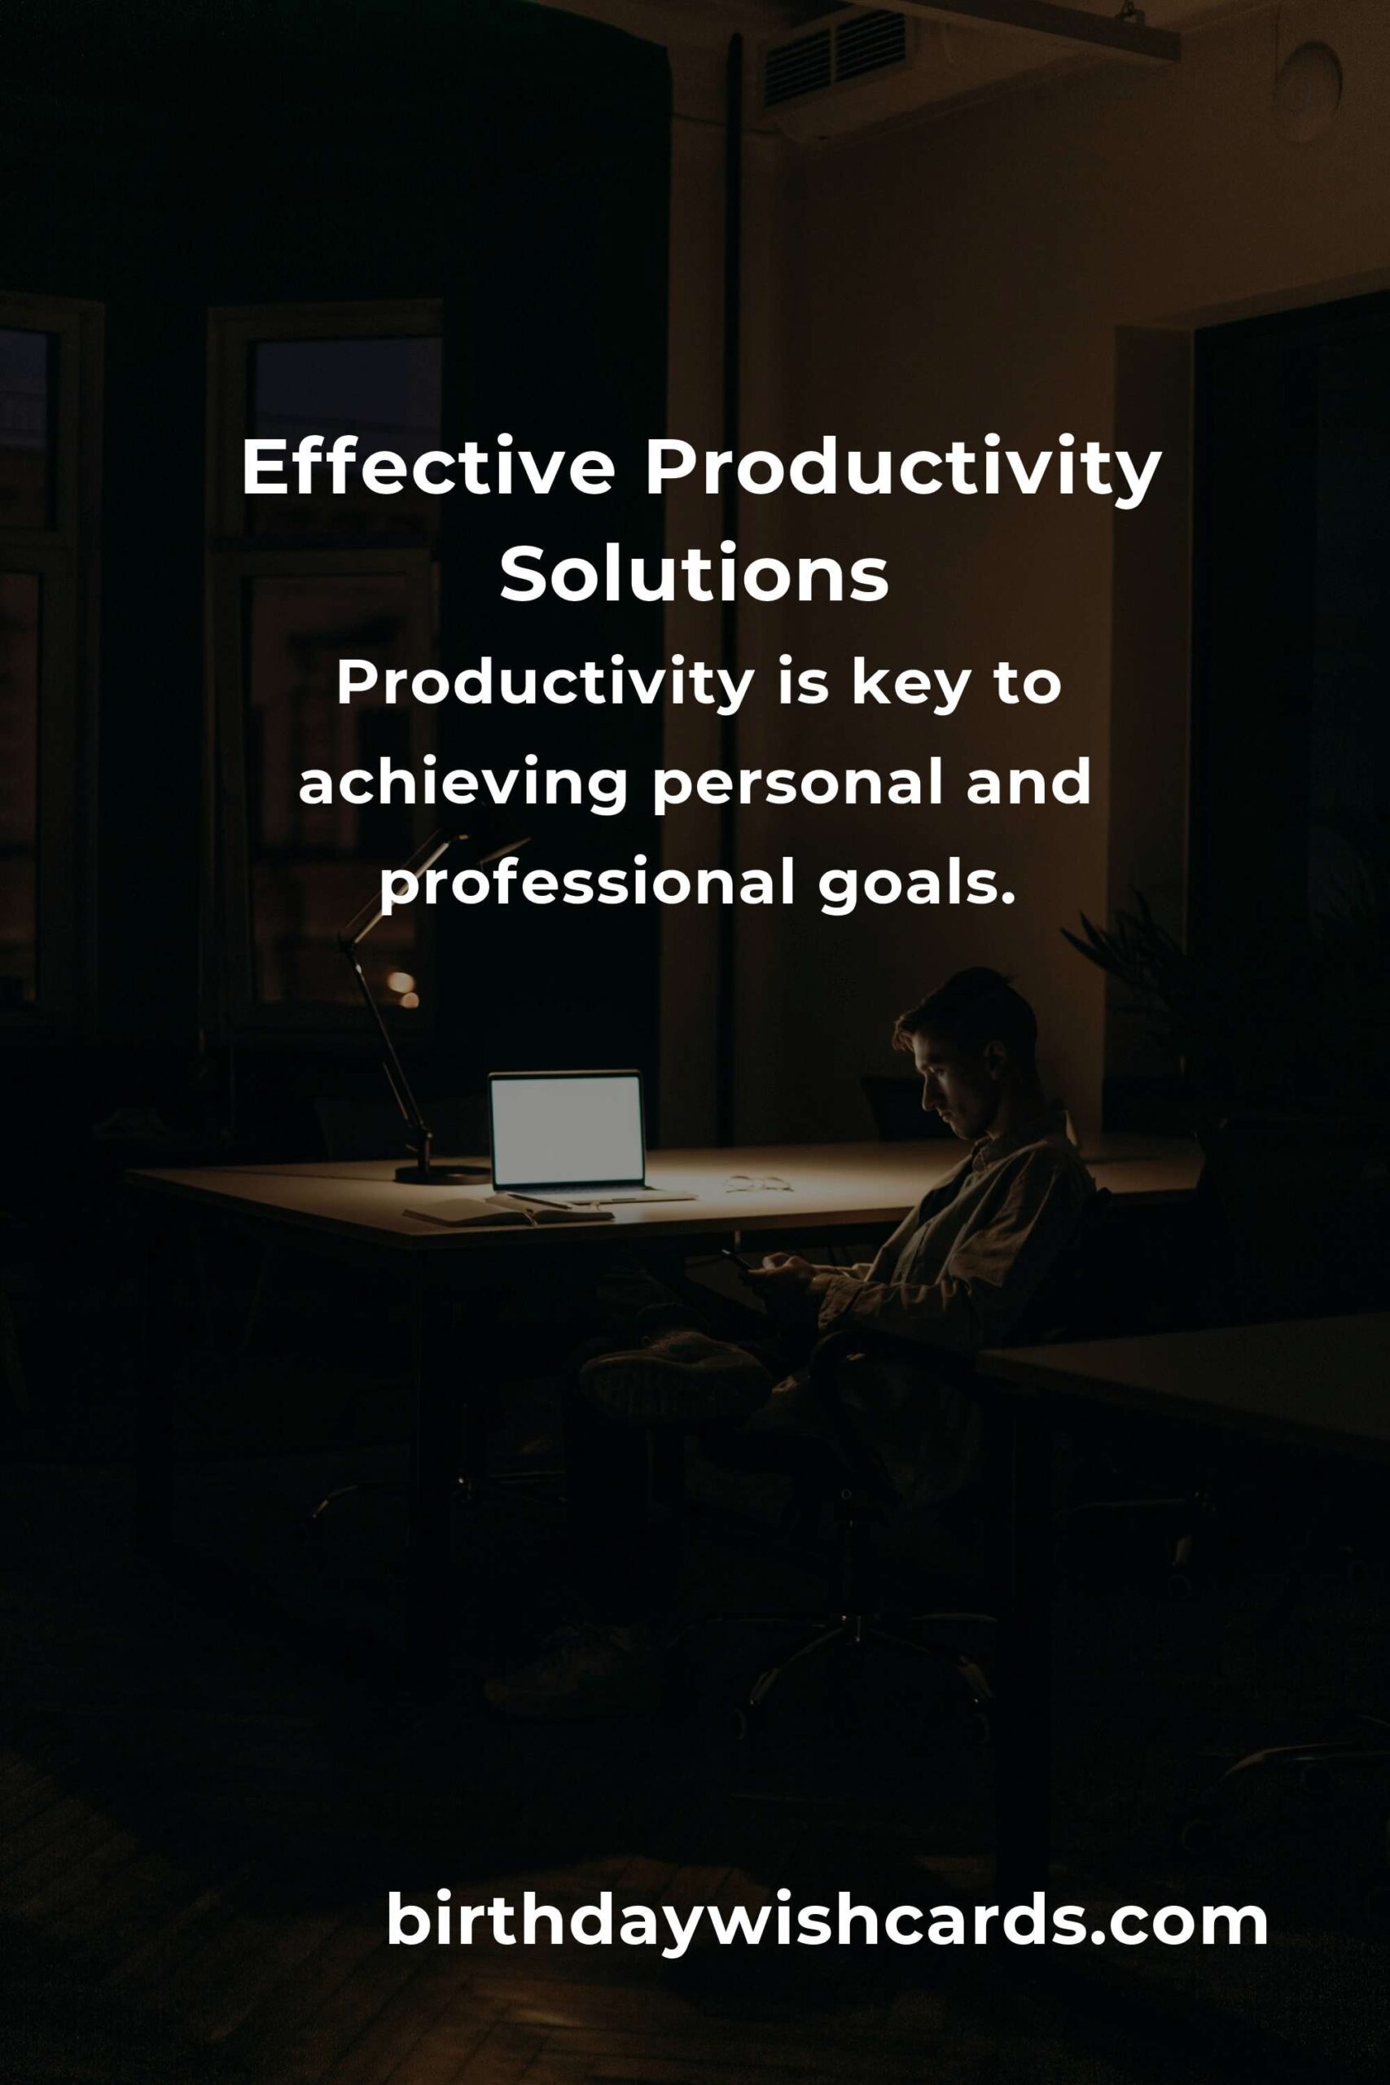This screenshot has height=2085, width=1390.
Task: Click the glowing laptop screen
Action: tap(567, 1131)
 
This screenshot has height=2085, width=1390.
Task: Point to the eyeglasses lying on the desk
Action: tap(758, 1183)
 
